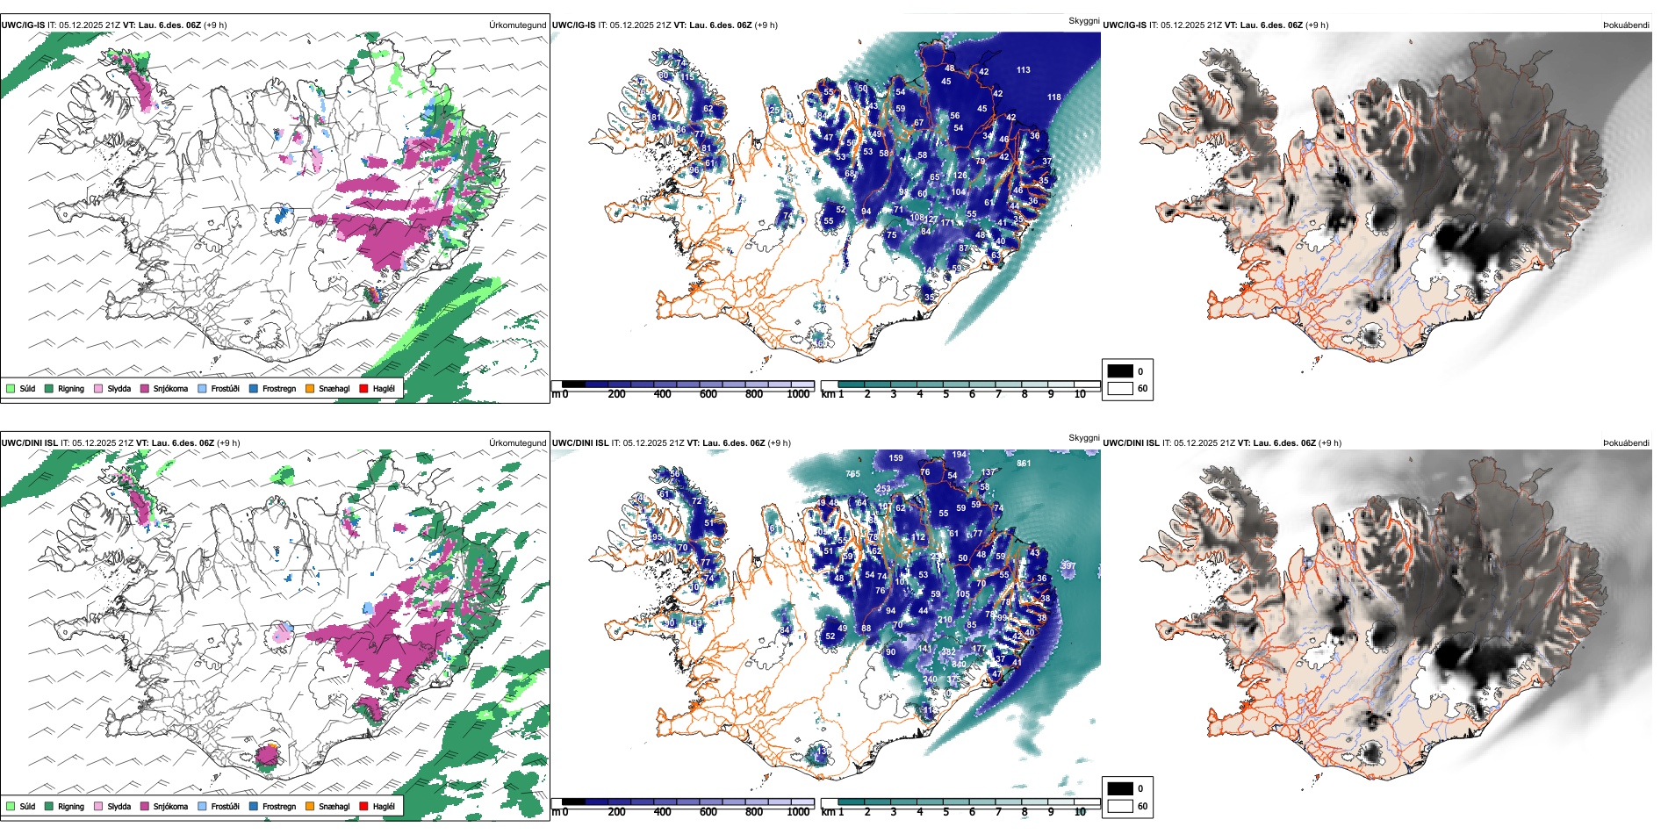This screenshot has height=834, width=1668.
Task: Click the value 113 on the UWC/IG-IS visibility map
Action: [x=1023, y=70]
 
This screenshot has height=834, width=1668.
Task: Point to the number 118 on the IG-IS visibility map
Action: [x=1053, y=97]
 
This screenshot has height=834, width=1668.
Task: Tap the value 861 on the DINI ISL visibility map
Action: [x=1024, y=464]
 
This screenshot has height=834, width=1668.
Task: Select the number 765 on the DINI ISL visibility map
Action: [x=852, y=474]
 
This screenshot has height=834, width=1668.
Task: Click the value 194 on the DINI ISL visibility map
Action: [x=959, y=455]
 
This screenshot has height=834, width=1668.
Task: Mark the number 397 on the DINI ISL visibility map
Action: [x=1068, y=566]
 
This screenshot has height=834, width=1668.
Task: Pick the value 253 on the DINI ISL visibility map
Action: [x=882, y=489]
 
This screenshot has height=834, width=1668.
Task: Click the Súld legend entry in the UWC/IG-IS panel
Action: [x=21, y=388]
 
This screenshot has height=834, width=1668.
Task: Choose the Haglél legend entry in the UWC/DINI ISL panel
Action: [x=377, y=806]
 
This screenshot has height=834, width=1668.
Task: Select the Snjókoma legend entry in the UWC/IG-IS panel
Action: [x=164, y=388]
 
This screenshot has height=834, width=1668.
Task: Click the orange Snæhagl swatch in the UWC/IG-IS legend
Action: [x=310, y=388]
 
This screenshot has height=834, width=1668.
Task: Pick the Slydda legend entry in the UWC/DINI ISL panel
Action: [x=112, y=806]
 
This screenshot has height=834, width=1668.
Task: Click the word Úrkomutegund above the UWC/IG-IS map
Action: [x=517, y=25]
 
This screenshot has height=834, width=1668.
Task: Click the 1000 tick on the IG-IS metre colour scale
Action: [x=798, y=394]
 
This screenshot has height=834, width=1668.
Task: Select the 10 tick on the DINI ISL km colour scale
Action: [x=1080, y=812]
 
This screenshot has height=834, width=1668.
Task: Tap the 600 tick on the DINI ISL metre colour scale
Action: [x=708, y=812]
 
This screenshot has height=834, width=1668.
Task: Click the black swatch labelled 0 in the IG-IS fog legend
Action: [x=1120, y=371]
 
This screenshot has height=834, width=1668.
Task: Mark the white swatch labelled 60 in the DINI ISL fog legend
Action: [x=1120, y=806]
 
